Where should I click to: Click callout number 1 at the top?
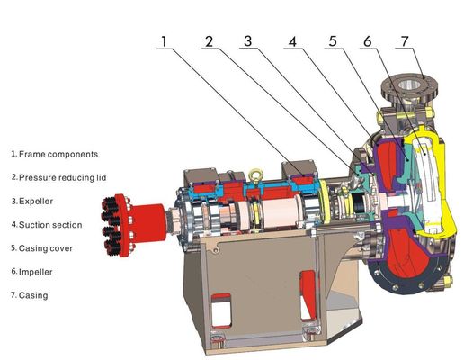coord(164,41)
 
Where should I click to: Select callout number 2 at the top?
coord(209,41)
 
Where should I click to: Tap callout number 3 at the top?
coord(247,41)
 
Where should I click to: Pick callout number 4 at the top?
coord(292,41)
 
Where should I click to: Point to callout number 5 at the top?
coord(333,41)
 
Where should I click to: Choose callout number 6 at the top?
coord(368,41)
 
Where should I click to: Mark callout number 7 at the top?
coord(405,41)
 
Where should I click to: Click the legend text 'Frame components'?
coord(58,154)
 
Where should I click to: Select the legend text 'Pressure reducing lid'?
coord(63,177)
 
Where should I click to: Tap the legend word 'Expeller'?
coord(36,202)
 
